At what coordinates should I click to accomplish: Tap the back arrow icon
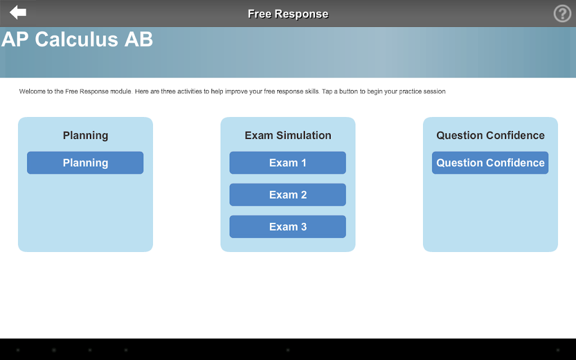pyautogui.click(x=17, y=12)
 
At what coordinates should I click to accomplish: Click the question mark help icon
pyautogui.click(x=562, y=13)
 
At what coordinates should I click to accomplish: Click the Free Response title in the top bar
pyautogui.click(x=288, y=14)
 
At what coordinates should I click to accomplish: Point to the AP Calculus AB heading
pyautogui.click(x=77, y=39)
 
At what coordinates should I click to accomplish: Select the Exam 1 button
pyautogui.click(x=287, y=163)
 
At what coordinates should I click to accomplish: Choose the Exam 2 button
pyautogui.click(x=287, y=195)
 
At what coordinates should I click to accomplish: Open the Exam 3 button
pyautogui.click(x=287, y=227)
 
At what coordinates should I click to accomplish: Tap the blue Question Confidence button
pyautogui.click(x=490, y=163)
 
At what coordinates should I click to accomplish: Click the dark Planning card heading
pyautogui.click(x=85, y=136)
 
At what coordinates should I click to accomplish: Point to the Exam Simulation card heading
pyautogui.click(x=288, y=136)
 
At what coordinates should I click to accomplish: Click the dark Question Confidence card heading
pyautogui.click(x=490, y=136)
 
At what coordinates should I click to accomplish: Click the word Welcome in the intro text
pyautogui.click(x=32, y=92)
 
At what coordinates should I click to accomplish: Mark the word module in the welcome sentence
pyautogui.click(x=121, y=92)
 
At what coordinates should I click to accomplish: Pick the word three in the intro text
pyautogui.click(x=168, y=92)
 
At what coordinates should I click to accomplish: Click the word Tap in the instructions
pyautogui.click(x=327, y=92)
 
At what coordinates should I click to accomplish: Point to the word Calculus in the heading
pyautogui.click(x=76, y=39)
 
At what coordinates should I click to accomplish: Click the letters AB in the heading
pyautogui.click(x=138, y=39)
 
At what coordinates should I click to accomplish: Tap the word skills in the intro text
pyautogui.click(x=312, y=92)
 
